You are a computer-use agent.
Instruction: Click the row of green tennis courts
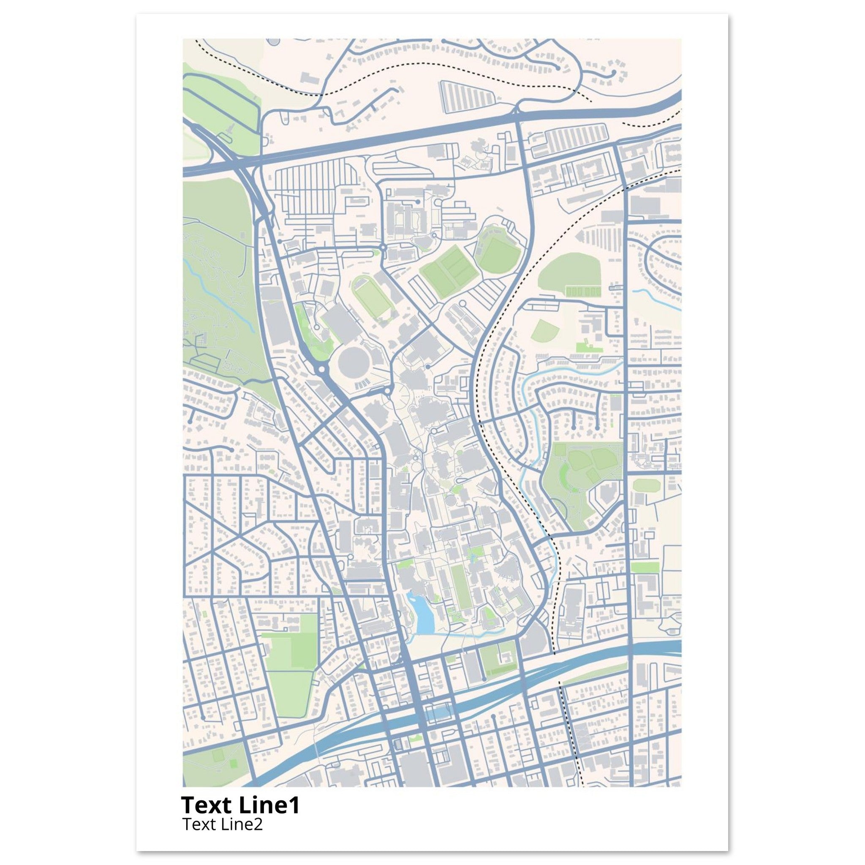pos(583,292)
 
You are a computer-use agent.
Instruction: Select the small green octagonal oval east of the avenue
pos(647,485)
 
